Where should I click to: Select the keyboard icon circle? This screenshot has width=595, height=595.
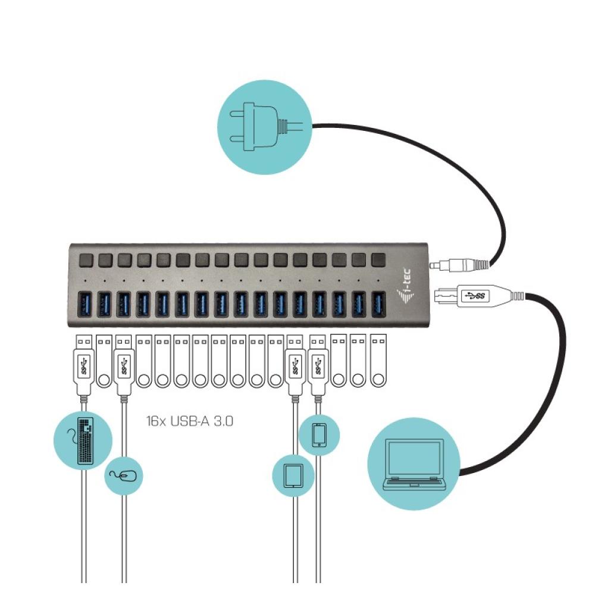pyautogui.click(x=84, y=440)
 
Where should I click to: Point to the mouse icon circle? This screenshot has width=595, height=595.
pyautogui.click(x=124, y=475)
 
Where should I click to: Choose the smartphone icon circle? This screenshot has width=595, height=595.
pyautogui.click(x=320, y=434)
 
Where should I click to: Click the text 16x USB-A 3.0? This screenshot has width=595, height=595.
pyautogui.click(x=189, y=422)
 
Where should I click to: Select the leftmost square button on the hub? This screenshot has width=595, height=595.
pyautogui.click(x=86, y=260)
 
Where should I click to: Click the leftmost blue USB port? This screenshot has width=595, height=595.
pyautogui.click(x=86, y=304)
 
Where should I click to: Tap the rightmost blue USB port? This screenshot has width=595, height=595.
pyautogui.click(x=377, y=303)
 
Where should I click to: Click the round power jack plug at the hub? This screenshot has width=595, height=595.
pyautogui.click(x=458, y=262)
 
